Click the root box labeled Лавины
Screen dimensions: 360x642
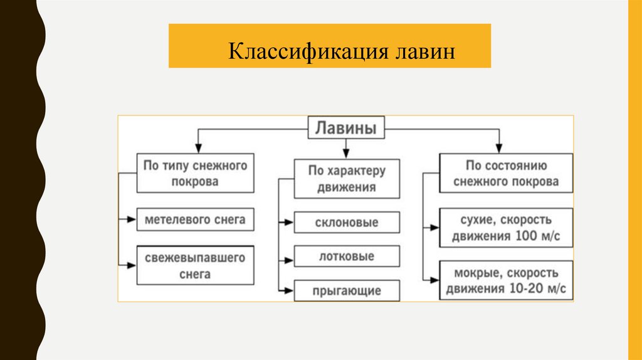tap(345, 129)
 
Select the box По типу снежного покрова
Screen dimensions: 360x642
tap(196, 174)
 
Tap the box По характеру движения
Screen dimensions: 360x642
tap(347, 179)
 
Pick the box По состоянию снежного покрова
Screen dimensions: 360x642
tap(507, 174)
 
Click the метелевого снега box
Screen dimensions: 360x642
tap(196, 220)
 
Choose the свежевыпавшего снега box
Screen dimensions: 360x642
tap(196, 266)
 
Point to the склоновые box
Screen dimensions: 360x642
tap(347, 223)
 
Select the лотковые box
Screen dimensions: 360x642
tap(347, 256)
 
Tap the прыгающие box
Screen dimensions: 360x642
tap(347, 290)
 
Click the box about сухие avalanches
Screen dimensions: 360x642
tap(507, 229)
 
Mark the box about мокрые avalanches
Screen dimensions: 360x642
tap(507, 280)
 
